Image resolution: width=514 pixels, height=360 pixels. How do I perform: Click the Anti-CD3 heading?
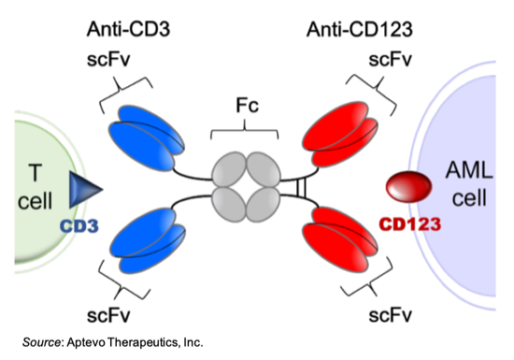128,29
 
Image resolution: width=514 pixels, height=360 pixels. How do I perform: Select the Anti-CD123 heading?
359,29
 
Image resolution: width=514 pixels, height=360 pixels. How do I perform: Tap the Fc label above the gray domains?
247,106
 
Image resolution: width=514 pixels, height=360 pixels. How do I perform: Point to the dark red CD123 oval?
408,187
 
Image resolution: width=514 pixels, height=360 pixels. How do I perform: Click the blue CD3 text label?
79,226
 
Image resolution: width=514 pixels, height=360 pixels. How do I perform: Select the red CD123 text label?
409,224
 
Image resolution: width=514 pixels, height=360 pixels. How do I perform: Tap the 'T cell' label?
35,187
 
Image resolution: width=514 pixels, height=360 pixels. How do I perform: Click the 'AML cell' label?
469,184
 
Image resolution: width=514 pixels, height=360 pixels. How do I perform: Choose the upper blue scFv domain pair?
146,137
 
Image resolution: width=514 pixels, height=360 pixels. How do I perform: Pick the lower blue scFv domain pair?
148,241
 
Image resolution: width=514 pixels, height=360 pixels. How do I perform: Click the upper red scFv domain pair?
340,134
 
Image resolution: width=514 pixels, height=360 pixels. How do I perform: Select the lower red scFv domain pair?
340,239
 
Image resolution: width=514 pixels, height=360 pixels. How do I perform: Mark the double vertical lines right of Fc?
302,189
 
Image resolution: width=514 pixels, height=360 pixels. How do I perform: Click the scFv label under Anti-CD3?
108,60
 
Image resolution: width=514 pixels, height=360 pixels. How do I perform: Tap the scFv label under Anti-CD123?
390,60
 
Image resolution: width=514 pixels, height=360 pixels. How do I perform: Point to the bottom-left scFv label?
108,315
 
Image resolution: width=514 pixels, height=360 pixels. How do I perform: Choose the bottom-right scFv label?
390,315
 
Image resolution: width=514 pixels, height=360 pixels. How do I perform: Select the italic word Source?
41,342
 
